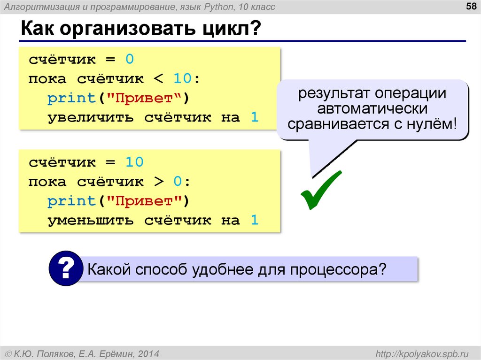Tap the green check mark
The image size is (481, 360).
321,190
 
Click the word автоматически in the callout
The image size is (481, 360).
372,109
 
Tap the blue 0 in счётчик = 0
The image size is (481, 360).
130,60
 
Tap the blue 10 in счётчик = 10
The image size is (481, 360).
134,162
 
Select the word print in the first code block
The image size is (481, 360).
71,98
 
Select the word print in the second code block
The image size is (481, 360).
71,201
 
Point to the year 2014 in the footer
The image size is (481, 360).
149,352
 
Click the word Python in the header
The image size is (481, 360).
202,7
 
